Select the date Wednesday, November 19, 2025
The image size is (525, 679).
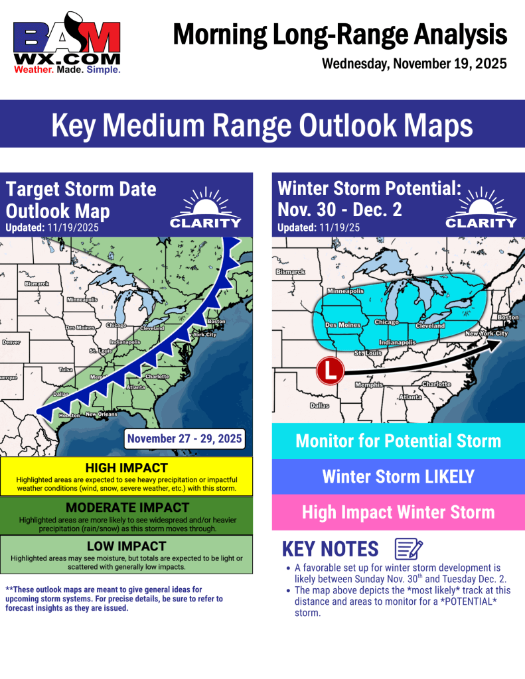[414, 64]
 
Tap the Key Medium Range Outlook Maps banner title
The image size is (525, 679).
[262, 125]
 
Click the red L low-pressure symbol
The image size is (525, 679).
[329, 371]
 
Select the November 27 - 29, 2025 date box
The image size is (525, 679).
[185, 438]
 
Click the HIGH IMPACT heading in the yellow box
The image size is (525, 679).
[126, 468]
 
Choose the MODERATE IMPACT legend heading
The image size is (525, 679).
[126, 508]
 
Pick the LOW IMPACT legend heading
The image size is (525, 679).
[126, 546]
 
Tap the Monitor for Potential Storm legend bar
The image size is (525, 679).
[398, 441]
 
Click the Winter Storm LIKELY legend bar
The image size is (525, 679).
[398, 476]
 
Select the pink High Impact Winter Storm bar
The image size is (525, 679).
[398, 512]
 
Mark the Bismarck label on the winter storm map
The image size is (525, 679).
[290, 272]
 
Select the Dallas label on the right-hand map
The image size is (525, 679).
[319, 405]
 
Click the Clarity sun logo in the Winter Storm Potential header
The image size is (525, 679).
[481, 209]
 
